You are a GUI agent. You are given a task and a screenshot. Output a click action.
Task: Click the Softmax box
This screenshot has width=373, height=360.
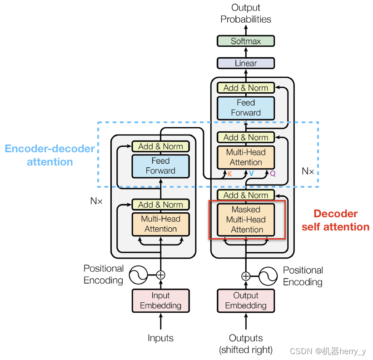(x=246, y=41)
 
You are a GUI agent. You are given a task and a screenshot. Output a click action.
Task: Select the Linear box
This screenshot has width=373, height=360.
(x=246, y=63)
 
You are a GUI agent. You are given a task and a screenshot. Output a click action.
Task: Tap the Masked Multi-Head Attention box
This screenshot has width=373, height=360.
(x=246, y=220)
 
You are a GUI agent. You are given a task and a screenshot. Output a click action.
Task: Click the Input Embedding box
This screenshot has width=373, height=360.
(x=160, y=300)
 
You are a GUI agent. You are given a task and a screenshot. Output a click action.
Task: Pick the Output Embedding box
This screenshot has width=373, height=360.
(x=246, y=300)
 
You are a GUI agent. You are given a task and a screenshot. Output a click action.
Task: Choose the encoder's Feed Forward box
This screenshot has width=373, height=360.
(x=160, y=166)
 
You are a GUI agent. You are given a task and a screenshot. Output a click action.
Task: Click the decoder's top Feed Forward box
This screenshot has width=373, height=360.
(x=246, y=108)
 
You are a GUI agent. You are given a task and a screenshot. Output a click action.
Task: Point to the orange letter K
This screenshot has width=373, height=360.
(x=229, y=174)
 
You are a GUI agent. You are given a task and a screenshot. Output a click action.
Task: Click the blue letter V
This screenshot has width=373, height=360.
(x=251, y=174)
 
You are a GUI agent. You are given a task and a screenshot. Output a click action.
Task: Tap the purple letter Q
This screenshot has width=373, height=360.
(x=273, y=174)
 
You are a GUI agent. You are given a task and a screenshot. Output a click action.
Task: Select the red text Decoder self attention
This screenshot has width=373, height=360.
(x=336, y=220)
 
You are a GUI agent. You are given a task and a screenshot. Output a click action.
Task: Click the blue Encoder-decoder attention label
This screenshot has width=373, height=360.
(x=50, y=155)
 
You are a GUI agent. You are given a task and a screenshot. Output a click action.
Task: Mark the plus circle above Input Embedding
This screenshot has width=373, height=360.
(x=160, y=275)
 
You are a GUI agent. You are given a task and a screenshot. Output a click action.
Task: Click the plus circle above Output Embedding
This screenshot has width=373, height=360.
(x=246, y=276)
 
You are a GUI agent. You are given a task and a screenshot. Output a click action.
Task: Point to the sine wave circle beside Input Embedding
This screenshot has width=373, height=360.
(x=138, y=275)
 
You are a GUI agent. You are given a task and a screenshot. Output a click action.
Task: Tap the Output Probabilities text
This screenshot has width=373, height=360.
(x=246, y=13)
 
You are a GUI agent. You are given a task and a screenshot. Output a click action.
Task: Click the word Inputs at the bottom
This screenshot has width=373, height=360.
(x=160, y=338)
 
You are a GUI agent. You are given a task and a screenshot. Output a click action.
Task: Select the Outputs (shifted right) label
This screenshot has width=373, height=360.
(x=246, y=344)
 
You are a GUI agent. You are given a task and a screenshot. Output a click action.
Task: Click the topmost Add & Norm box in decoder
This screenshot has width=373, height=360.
(x=246, y=88)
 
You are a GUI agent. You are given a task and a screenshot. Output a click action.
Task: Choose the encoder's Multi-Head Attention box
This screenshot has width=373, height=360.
(x=160, y=224)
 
